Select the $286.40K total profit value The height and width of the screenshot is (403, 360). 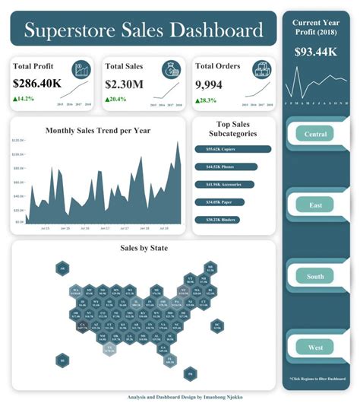(37, 84)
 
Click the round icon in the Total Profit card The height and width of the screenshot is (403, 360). (81, 70)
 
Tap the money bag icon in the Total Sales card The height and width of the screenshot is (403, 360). (170, 70)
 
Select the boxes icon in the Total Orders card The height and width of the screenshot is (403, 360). (261, 70)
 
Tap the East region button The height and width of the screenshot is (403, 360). (316, 205)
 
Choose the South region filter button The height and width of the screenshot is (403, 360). (316, 276)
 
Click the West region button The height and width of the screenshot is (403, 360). (316, 347)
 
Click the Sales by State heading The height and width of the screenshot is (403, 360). (144, 248)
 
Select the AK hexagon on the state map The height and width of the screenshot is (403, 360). (63, 268)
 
